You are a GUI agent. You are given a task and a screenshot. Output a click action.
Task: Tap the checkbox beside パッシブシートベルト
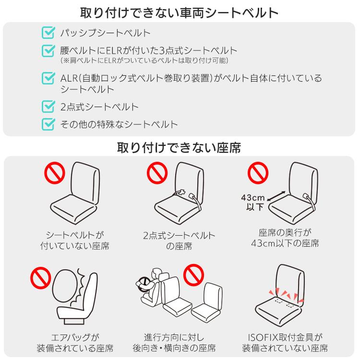pyautogui.click(x=48, y=33)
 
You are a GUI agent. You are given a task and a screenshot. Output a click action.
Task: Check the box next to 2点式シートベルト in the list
pyautogui.click(x=48, y=107)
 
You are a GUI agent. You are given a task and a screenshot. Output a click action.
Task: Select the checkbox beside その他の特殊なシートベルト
pyautogui.click(x=48, y=124)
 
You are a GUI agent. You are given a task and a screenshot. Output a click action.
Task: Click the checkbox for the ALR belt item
pyautogui.click(x=48, y=78)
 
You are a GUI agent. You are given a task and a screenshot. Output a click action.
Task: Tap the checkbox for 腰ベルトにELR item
pyautogui.click(x=48, y=50)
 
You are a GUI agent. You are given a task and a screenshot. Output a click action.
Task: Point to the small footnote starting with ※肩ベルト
pyautogui.click(x=144, y=61)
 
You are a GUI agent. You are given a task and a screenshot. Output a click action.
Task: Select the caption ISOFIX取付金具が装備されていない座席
pyautogui.click(x=285, y=342)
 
